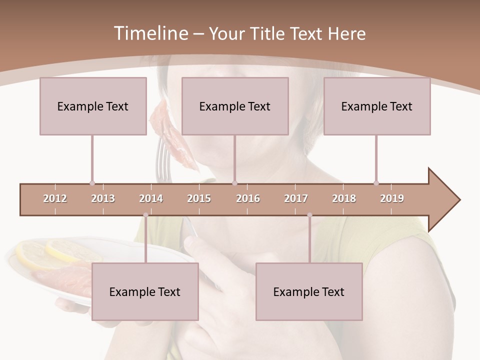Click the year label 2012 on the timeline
(x=55, y=198)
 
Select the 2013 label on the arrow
(x=103, y=198)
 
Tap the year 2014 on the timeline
(x=151, y=198)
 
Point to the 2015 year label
(x=199, y=198)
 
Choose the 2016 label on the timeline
(x=248, y=198)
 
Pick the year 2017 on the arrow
(x=296, y=198)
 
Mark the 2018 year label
(x=344, y=198)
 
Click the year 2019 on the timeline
(x=392, y=198)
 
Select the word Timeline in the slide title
(x=150, y=33)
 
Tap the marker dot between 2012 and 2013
(x=92, y=183)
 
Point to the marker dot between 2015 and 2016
(x=235, y=183)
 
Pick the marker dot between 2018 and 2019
(x=376, y=183)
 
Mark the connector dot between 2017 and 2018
(x=309, y=215)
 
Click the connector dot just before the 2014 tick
(x=145, y=215)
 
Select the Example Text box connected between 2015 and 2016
(x=235, y=106)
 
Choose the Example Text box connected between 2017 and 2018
(x=309, y=291)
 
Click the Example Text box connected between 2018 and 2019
(x=377, y=106)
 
